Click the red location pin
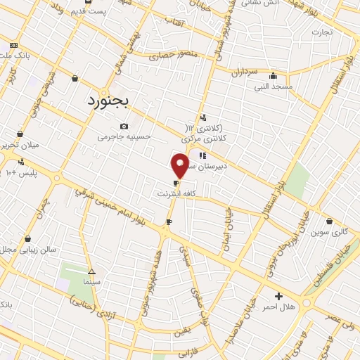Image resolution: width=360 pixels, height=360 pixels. [180, 165]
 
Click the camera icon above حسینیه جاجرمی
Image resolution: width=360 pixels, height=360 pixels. [124, 127]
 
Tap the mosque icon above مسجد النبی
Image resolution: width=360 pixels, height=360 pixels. [273, 76]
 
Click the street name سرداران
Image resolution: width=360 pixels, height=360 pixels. [245, 71]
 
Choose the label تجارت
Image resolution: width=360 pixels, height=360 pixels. [321, 32]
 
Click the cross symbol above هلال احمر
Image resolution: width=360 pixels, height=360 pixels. [278, 297]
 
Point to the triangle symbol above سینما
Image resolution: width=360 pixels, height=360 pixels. [91, 271]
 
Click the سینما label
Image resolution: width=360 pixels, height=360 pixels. [91, 281]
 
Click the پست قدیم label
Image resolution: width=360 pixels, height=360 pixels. [89, 11]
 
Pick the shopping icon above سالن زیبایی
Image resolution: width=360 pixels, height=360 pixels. [27, 239]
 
